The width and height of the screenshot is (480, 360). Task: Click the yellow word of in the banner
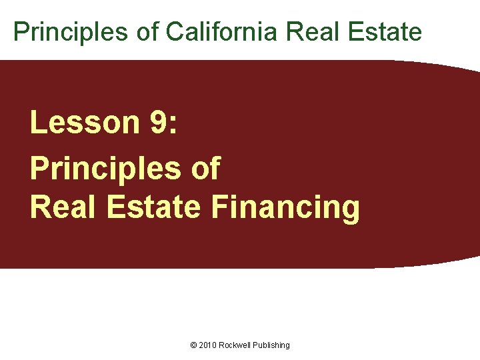coord(205,168)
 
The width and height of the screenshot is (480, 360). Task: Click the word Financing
coord(285,208)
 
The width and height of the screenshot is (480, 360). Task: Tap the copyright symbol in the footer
coord(193,345)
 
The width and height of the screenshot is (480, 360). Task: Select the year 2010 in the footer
coord(208,345)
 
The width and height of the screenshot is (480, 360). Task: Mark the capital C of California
coord(174,31)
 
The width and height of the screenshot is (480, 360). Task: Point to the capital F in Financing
coord(219,207)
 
